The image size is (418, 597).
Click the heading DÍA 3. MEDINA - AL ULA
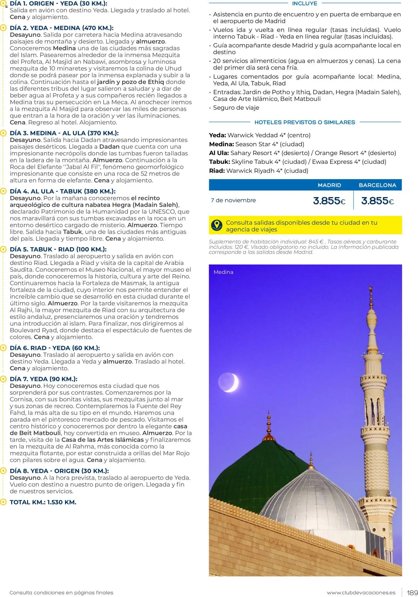point(64,133)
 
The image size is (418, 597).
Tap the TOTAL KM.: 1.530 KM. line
point(43,502)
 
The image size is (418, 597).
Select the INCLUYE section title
point(304,4)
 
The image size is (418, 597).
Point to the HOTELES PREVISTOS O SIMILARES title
point(304,122)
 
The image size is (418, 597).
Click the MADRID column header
point(329,185)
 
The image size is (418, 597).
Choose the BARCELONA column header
point(377,185)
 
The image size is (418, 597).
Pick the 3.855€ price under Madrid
point(329,201)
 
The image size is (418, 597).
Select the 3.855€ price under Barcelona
point(377,201)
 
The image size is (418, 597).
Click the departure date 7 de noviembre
point(233,200)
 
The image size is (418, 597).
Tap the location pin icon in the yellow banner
point(217,225)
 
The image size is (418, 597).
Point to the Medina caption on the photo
point(223,272)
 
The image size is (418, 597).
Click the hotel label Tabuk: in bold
point(219,162)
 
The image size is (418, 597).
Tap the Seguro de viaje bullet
point(236,108)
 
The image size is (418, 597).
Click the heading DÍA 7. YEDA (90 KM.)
point(43,379)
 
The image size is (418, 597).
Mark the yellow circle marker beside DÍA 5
point(3,249)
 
